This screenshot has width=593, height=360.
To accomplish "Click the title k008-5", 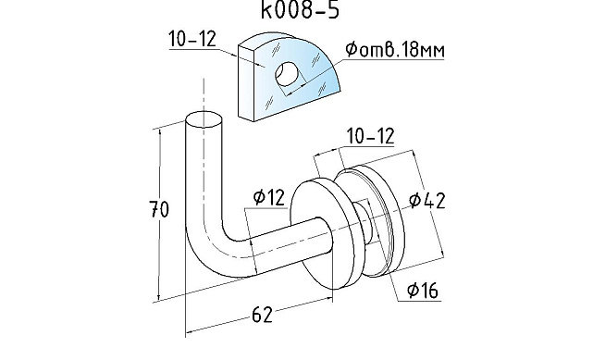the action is pos(300,10).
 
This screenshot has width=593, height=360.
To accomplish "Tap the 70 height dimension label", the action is pos(159,209).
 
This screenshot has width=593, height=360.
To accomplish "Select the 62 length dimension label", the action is pos(262,315).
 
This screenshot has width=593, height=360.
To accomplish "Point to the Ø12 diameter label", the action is pos(269,197).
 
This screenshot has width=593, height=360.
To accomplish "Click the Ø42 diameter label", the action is pos(427,201).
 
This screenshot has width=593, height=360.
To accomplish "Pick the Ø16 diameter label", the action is pos(423,291).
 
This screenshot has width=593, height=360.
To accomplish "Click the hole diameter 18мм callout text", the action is pos(395,50).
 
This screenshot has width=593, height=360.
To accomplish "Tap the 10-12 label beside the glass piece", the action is pos(192,39).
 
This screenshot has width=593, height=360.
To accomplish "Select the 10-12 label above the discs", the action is pos(371,136).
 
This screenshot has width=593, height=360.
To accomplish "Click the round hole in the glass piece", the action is pos(286,74).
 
